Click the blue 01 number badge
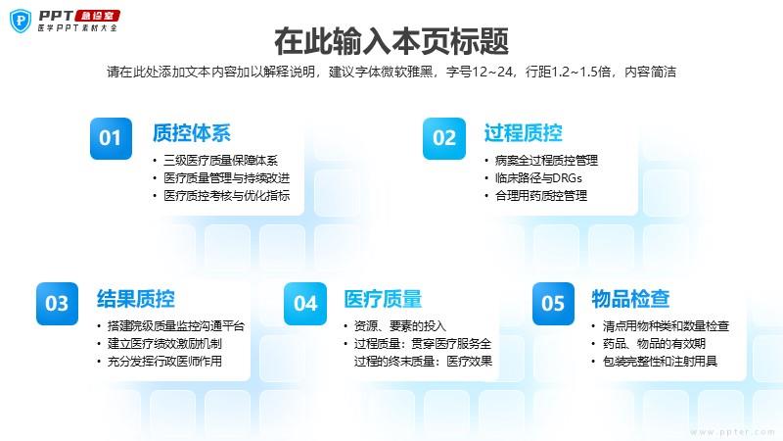pos(111,138)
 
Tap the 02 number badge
pos(444,138)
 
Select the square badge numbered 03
pos(57,304)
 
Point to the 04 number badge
pos(305,304)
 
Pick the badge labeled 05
pos(553,304)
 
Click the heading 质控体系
pos(192,133)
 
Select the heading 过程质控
pos(524,133)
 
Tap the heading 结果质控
pos(136,299)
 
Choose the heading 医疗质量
pos(383,299)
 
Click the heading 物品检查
pos(630,299)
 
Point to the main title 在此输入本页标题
pos(391,41)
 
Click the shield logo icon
pos(21,21)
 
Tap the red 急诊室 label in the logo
pos(97,16)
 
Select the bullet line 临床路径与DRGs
pos(539,178)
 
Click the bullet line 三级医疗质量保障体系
pos(221,161)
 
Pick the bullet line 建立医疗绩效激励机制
pos(164,344)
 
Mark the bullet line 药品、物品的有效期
pos(654,344)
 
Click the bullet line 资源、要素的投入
pos(400,326)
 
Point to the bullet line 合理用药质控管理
pos(541,195)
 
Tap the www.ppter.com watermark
pos(732,431)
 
